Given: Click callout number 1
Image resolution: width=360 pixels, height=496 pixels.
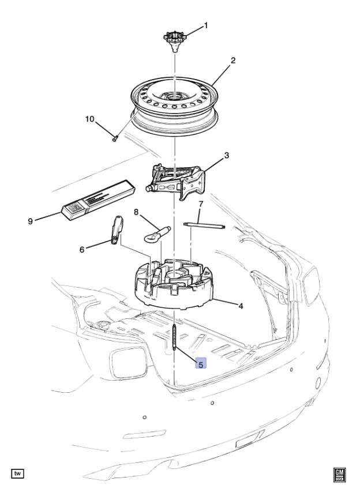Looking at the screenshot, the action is coord(205,25).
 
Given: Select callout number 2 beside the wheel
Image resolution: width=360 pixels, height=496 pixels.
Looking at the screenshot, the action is coord(233,60).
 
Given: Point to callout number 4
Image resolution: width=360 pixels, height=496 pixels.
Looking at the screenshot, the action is coord(241,306).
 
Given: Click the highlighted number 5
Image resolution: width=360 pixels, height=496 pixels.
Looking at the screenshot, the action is coord(201,363).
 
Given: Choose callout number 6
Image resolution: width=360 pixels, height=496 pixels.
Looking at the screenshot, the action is coord(82,250).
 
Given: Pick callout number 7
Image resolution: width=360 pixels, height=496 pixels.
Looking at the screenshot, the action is coord(200,204).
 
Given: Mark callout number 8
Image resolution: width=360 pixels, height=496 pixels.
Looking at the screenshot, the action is coord(136,212).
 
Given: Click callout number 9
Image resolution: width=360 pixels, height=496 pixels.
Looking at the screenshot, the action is coord(31,221).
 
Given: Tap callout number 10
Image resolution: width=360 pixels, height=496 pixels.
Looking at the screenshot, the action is coord(90,119).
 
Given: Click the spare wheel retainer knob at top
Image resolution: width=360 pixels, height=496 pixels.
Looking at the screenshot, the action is coord(175,41).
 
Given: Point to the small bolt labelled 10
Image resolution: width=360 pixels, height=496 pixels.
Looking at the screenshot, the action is coord(115,138).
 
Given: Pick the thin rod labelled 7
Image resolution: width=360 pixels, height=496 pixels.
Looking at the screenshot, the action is coord(204,226).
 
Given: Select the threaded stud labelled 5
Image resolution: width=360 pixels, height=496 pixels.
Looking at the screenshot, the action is coord(175,338).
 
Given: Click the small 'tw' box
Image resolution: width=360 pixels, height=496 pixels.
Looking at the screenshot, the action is coord(18,474).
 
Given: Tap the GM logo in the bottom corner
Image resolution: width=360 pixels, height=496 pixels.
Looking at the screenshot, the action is coord(339,475).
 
